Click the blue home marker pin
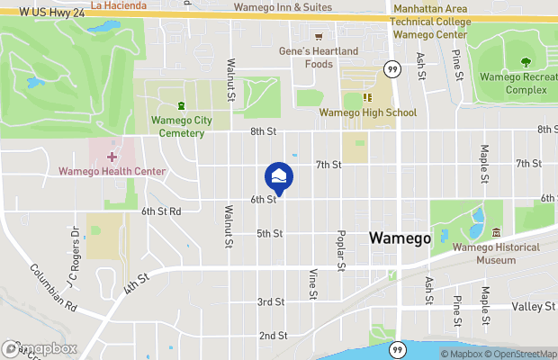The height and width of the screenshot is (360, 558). (279, 176)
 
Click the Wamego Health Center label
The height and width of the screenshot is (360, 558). (112, 171)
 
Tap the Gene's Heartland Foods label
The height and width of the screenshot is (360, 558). (319, 57)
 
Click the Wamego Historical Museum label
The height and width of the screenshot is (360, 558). (497, 254)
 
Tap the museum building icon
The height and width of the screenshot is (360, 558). (496, 234)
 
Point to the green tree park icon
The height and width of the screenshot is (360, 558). (525, 62)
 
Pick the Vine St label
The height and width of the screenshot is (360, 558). (313, 283)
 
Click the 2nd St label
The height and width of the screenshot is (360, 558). (273, 336)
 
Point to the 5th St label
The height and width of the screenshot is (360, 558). (270, 233)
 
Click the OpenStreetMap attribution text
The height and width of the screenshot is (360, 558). (520, 354)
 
